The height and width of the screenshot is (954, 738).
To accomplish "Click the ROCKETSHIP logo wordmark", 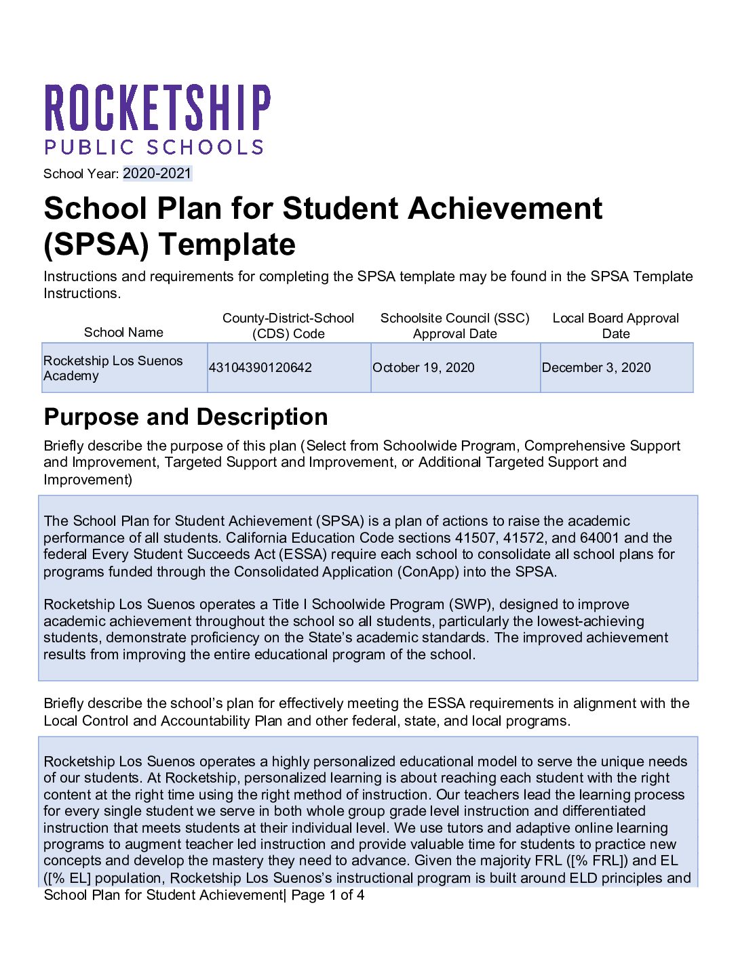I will pos(157,108).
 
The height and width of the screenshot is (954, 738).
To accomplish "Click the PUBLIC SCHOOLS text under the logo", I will pos(154,148).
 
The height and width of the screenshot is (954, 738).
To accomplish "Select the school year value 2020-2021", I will pos(157,173).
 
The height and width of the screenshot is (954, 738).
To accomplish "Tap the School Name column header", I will pos(123,333).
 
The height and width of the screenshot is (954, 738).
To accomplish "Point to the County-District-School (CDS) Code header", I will pos(288,326).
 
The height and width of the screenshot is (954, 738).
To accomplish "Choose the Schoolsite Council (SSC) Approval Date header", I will pos(454,326).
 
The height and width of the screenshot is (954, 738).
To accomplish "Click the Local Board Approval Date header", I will pos(615,326).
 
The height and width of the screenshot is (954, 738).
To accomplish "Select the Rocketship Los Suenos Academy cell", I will pos(113,368).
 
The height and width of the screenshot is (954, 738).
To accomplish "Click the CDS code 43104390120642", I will pos(260,368).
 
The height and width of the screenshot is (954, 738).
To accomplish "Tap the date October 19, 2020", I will pos(423,368).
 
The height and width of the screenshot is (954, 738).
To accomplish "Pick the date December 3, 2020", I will pos(596,368).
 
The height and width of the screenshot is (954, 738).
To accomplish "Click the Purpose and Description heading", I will pos(186,417).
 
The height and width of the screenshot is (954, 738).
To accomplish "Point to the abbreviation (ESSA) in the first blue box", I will pos(304,555).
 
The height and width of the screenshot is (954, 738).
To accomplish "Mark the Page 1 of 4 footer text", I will pos(328,895).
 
